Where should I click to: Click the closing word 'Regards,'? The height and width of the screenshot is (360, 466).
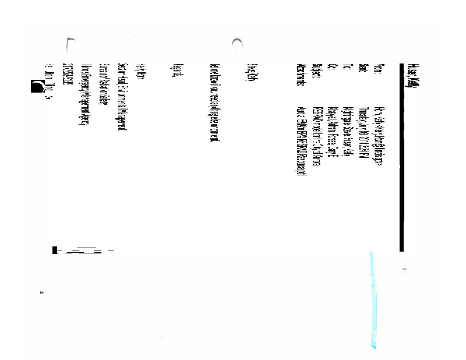pos(178,71)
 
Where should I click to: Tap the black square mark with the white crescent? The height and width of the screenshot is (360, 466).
pos(36,87)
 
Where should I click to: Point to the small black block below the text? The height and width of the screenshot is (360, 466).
pos(55,250)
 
